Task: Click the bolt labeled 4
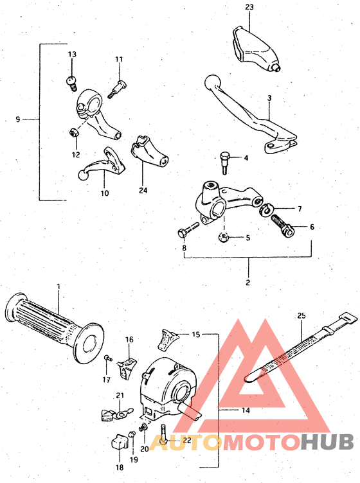pyautogui.click(x=224, y=161)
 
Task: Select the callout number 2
pyautogui.click(x=249, y=281)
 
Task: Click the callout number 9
pyautogui.click(x=18, y=119)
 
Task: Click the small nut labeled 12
pyautogui.click(x=74, y=132)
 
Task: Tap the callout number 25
pyautogui.click(x=301, y=316)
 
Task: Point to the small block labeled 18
pyautogui.click(x=118, y=443)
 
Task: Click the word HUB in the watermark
pyautogui.click(x=327, y=442)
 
